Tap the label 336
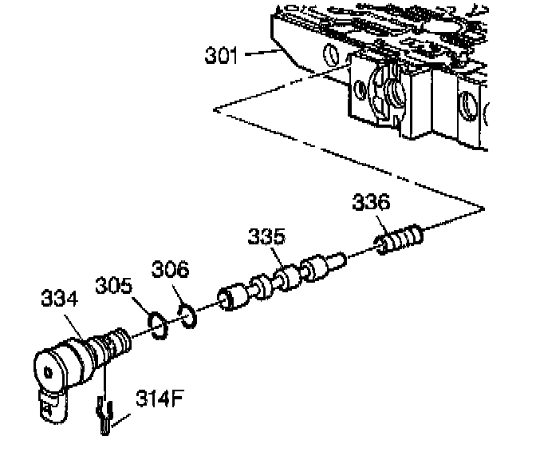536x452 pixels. click(x=371, y=203)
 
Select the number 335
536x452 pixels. click(x=265, y=238)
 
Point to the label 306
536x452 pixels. click(x=170, y=269)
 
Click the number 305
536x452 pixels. click(x=114, y=284)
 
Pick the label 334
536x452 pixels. click(x=59, y=299)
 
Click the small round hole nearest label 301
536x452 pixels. click(x=329, y=55)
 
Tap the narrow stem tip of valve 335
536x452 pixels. click(x=341, y=258)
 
